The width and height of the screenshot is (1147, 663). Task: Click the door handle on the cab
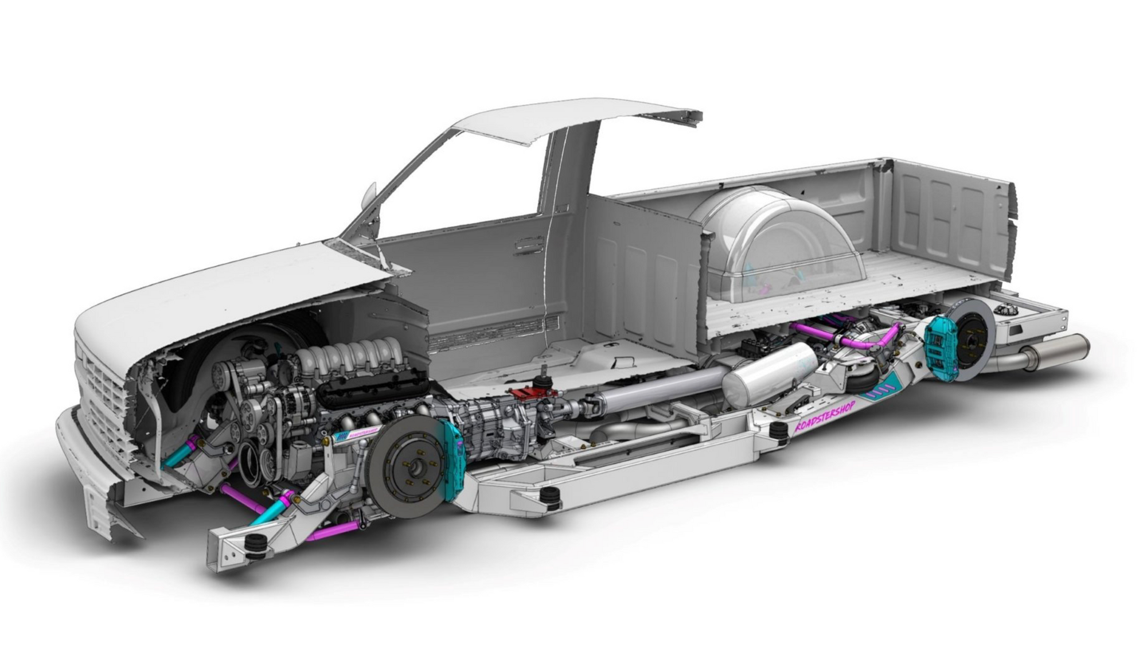tap(528, 244)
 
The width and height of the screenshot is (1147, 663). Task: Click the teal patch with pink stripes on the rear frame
tap(882, 392)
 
